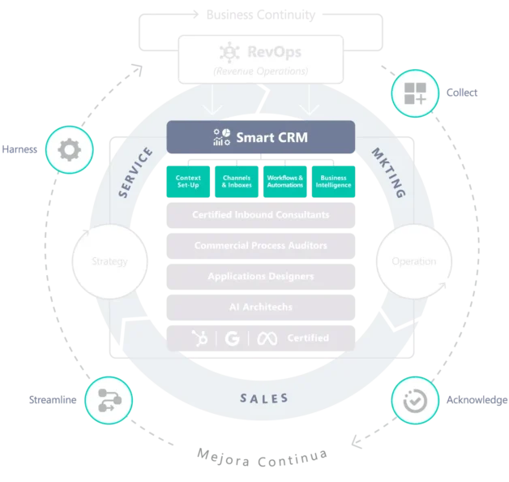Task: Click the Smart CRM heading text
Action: (271, 137)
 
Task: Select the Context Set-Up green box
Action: (188, 181)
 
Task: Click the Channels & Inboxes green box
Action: (236, 181)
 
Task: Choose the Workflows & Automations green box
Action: (284, 181)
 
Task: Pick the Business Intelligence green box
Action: (333, 181)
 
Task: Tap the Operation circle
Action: (413, 261)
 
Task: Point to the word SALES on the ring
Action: (263, 398)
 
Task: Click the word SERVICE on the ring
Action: (135, 172)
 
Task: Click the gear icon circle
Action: (69, 150)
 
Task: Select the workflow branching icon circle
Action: (109, 400)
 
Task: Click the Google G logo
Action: (233, 338)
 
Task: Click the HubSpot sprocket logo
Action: (199, 338)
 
